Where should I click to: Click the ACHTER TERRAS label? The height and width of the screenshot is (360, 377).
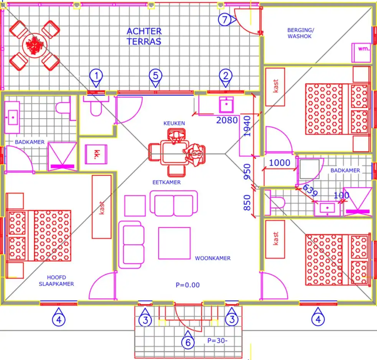[144, 36]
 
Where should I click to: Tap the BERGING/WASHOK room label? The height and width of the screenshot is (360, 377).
[301, 33]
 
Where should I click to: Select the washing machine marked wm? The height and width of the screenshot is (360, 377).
[361, 53]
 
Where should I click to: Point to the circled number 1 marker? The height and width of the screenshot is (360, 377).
[96, 77]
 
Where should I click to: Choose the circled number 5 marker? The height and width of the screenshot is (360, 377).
[156, 77]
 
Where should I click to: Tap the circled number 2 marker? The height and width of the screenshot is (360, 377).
[226, 77]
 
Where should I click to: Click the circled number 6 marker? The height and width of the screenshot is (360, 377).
[188, 339]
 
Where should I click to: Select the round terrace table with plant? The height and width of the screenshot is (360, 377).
[35, 45]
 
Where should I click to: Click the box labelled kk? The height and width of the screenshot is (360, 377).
[96, 154]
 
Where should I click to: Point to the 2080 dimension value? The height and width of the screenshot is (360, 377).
[227, 120]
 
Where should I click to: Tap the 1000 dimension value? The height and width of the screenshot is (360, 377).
[280, 163]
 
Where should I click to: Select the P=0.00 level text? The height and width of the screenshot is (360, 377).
[188, 285]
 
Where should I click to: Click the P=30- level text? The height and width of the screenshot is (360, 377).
[217, 340]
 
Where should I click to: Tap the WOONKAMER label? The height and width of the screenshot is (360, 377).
[213, 258]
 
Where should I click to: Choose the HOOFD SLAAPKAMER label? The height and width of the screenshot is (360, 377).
[56, 281]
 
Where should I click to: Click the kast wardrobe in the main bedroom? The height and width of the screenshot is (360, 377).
[102, 207]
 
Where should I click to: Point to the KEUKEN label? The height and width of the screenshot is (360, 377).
[175, 123]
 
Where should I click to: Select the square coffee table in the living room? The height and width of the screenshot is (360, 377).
[175, 243]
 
